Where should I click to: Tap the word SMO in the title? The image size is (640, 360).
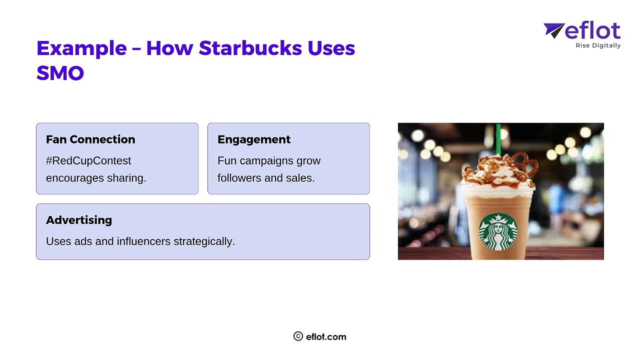60,73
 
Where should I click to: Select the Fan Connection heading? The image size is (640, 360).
90,139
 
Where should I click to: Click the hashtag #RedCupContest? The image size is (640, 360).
88,161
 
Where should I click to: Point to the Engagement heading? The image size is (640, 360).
254,139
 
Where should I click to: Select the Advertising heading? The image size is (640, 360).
79,220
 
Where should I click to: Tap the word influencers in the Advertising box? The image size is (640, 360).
143,241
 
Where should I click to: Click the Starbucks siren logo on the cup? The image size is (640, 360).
498,232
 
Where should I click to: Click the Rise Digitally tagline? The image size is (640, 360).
598,45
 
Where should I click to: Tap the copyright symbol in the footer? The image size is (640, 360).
298,336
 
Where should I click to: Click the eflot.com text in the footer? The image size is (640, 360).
326,337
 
